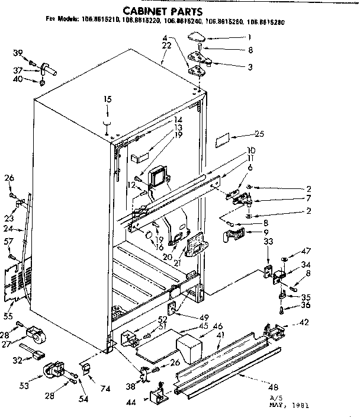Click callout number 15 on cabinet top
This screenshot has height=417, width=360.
tap(108, 99)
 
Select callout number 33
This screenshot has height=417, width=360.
tap(268, 241)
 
